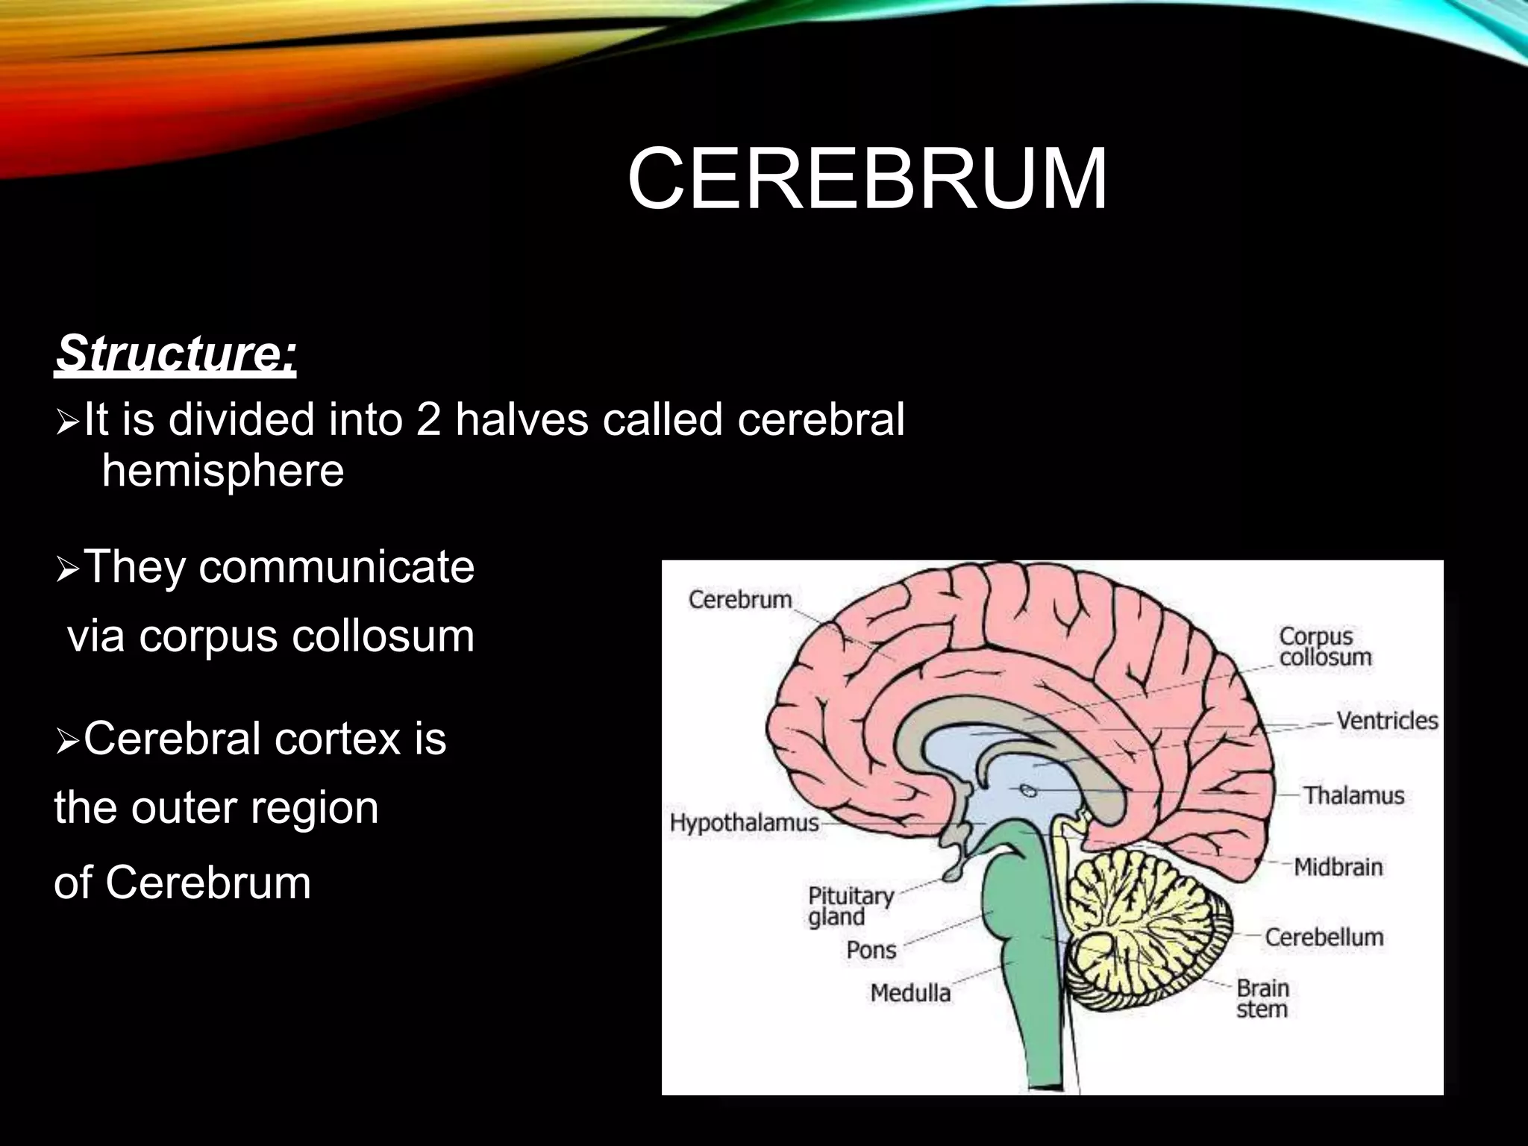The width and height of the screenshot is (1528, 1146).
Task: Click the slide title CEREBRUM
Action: click(x=867, y=180)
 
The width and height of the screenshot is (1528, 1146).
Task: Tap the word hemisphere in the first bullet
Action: click(x=222, y=471)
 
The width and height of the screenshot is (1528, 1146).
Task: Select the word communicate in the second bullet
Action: click(x=336, y=566)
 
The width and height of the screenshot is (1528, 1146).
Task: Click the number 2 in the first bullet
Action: click(x=428, y=419)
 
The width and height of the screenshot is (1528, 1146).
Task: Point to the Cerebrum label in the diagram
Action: click(x=739, y=599)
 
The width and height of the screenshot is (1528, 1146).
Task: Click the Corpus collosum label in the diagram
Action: click(x=1325, y=646)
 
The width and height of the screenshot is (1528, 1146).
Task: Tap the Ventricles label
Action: click(x=1386, y=721)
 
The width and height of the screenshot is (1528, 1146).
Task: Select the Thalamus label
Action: click(x=1353, y=795)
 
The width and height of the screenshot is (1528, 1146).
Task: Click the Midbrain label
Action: click(x=1338, y=867)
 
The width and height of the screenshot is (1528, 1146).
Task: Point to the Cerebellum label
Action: click(x=1324, y=937)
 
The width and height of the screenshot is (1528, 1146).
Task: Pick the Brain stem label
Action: click(x=1262, y=998)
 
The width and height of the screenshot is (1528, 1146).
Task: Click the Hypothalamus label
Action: click(x=744, y=823)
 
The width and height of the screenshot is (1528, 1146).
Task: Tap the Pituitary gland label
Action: click(x=851, y=906)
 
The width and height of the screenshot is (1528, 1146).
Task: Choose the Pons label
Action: click(x=871, y=950)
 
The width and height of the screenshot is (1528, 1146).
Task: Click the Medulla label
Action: click(x=910, y=993)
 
